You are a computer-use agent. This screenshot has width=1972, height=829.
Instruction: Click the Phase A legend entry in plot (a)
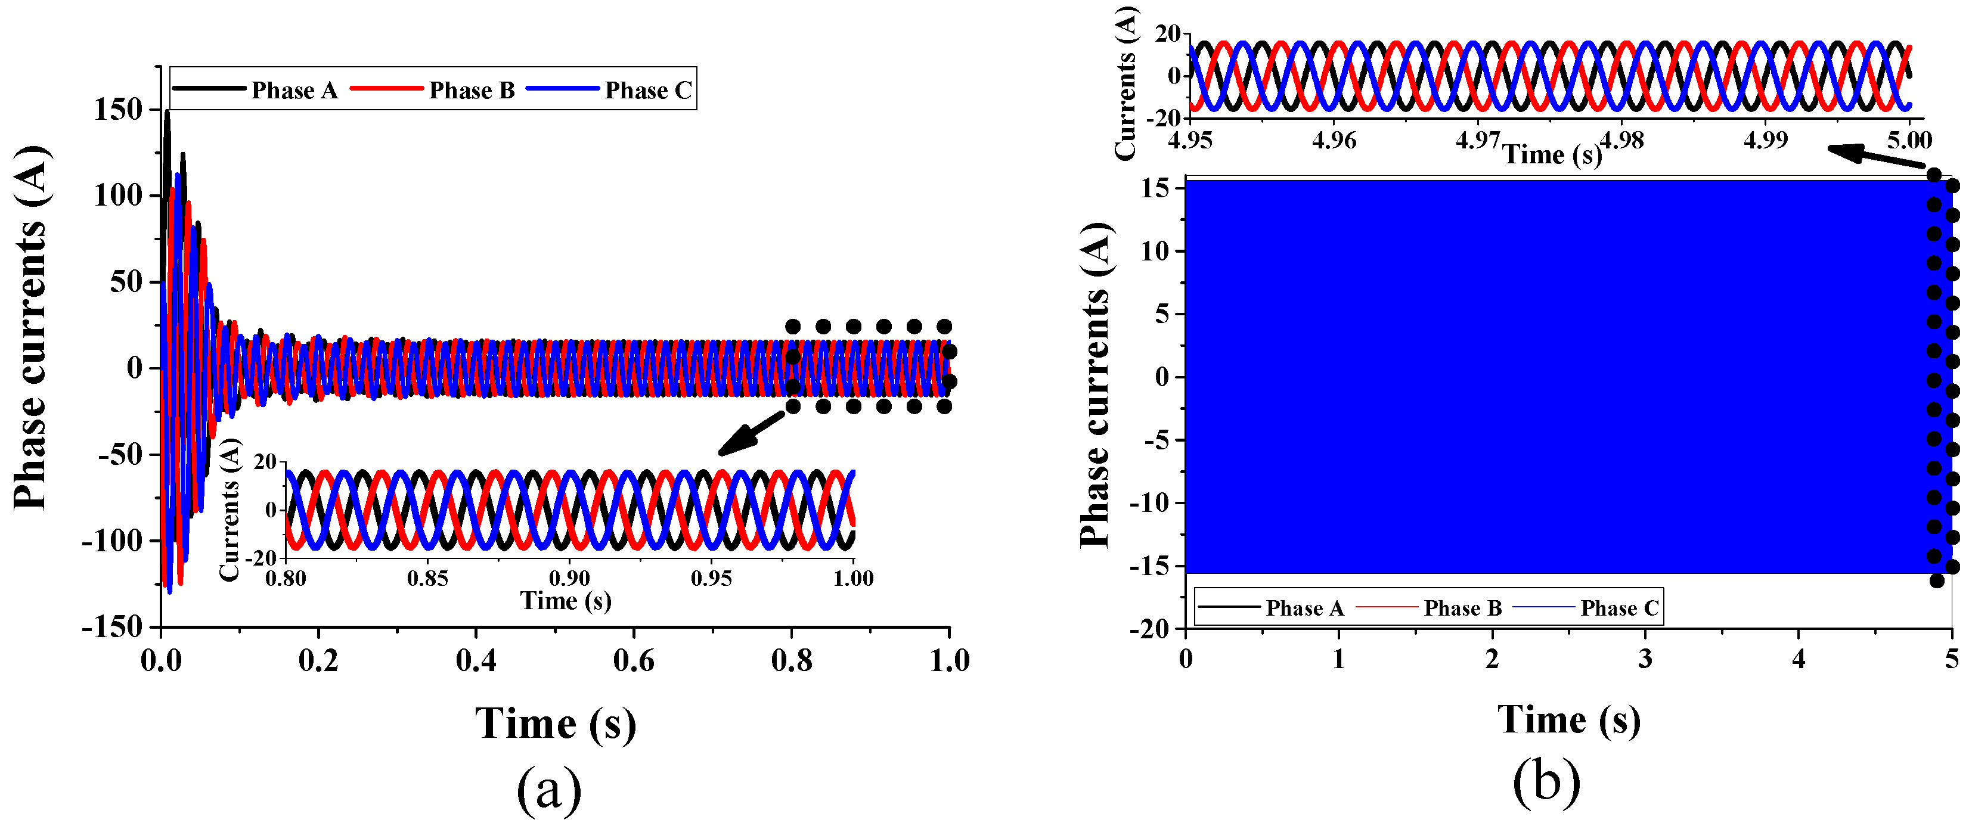coord(294,91)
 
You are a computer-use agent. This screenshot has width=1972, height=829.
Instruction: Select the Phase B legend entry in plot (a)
coord(471,91)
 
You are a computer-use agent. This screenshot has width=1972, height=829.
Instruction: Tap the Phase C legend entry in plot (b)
coord(1618,608)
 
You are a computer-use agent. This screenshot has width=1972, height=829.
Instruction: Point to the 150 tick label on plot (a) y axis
coord(118,110)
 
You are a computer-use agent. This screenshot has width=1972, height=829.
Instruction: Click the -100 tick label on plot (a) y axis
coord(113,541)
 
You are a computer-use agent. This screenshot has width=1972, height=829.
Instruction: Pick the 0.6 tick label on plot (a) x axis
coord(633,660)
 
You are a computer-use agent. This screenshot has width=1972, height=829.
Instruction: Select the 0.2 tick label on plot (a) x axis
coord(318,660)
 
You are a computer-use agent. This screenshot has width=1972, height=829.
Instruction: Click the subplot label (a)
coord(549,789)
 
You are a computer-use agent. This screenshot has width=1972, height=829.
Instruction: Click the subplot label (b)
coord(1546,783)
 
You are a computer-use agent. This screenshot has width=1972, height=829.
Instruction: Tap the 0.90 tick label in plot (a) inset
coord(569,578)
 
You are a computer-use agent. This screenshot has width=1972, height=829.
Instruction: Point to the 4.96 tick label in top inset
coord(1334,140)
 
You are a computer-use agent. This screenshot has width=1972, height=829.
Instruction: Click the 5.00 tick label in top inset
coord(1909,140)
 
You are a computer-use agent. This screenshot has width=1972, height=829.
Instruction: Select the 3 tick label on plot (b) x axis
coord(1645,659)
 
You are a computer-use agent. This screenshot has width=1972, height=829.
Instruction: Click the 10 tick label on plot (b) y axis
coord(1155,251)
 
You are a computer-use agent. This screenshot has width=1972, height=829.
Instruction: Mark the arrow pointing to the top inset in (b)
coord(1875,157)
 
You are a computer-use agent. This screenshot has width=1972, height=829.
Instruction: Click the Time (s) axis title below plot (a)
coord(556,724)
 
